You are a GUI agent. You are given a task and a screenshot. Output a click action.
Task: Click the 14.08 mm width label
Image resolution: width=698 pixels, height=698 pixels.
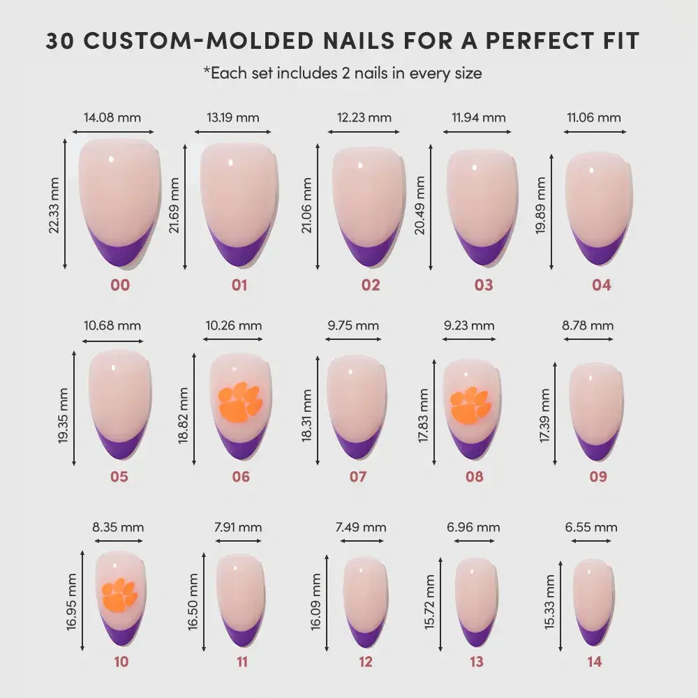(x=112, y=117)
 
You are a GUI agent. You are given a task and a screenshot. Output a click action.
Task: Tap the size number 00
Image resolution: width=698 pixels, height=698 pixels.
(x=119, y=285)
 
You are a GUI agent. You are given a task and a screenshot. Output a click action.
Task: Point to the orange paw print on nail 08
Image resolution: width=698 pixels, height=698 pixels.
(x=470, y=406)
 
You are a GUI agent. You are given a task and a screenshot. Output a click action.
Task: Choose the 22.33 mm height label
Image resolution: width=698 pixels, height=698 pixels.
(x=55, y=205)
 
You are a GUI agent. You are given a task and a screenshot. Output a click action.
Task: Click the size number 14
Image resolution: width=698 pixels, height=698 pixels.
(x=594, y=662)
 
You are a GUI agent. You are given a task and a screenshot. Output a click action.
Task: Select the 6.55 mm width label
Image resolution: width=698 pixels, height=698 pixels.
(x=591, y=527)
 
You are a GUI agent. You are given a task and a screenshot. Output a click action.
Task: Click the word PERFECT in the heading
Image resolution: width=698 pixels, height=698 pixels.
(x=528, y=40)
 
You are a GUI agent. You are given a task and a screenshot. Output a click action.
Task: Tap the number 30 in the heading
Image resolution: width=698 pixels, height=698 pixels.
(x=61, y=40)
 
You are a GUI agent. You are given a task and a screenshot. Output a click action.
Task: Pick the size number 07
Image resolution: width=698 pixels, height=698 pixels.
(x=358, y=477)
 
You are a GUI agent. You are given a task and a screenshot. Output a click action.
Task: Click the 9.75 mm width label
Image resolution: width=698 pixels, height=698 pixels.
(x=353, y=325)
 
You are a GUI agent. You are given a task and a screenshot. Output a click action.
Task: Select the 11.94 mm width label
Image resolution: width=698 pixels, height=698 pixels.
(x=474, y=117)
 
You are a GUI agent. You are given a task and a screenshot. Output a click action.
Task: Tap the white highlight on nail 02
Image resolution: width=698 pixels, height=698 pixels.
(x=361, y=166)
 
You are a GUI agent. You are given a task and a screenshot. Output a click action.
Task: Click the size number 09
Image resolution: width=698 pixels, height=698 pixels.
(x=598, y=477)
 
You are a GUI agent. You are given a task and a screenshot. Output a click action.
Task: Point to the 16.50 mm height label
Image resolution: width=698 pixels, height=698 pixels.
(x=193, y=602)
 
